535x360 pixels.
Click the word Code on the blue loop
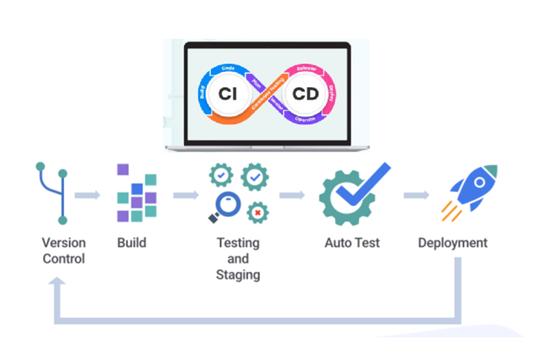pyautogui.click(x=228, y=69)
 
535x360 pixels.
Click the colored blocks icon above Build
pyautogui.click(x=136, y=193)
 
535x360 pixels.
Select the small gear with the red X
pyautogui.click(x=257, y=212)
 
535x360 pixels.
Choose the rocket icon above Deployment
pyautogui.click(x=471, y=189)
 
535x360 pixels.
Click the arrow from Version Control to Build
pyautogui.click(x=88, y=195)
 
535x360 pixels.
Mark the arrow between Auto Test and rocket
pyautogui.click(x=416, y=195)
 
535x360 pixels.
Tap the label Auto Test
pyautogui.click(x=352, y=243)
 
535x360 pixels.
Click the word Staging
pyautogui.click(x=238, y=275)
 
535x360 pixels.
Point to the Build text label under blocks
pyautogui.click(x=132, y=243)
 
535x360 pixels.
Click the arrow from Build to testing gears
pyautogui.click(x=186, y=195)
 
